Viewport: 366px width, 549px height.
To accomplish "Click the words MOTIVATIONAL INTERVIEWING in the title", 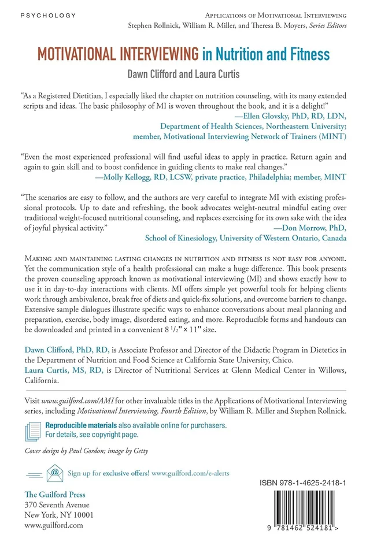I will [x=118, y=55].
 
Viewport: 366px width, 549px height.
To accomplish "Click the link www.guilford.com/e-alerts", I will [x=190, y=473].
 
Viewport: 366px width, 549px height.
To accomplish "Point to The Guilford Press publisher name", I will [x=55, y=494].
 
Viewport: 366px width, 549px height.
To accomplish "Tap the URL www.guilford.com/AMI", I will [x=73, y=400].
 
